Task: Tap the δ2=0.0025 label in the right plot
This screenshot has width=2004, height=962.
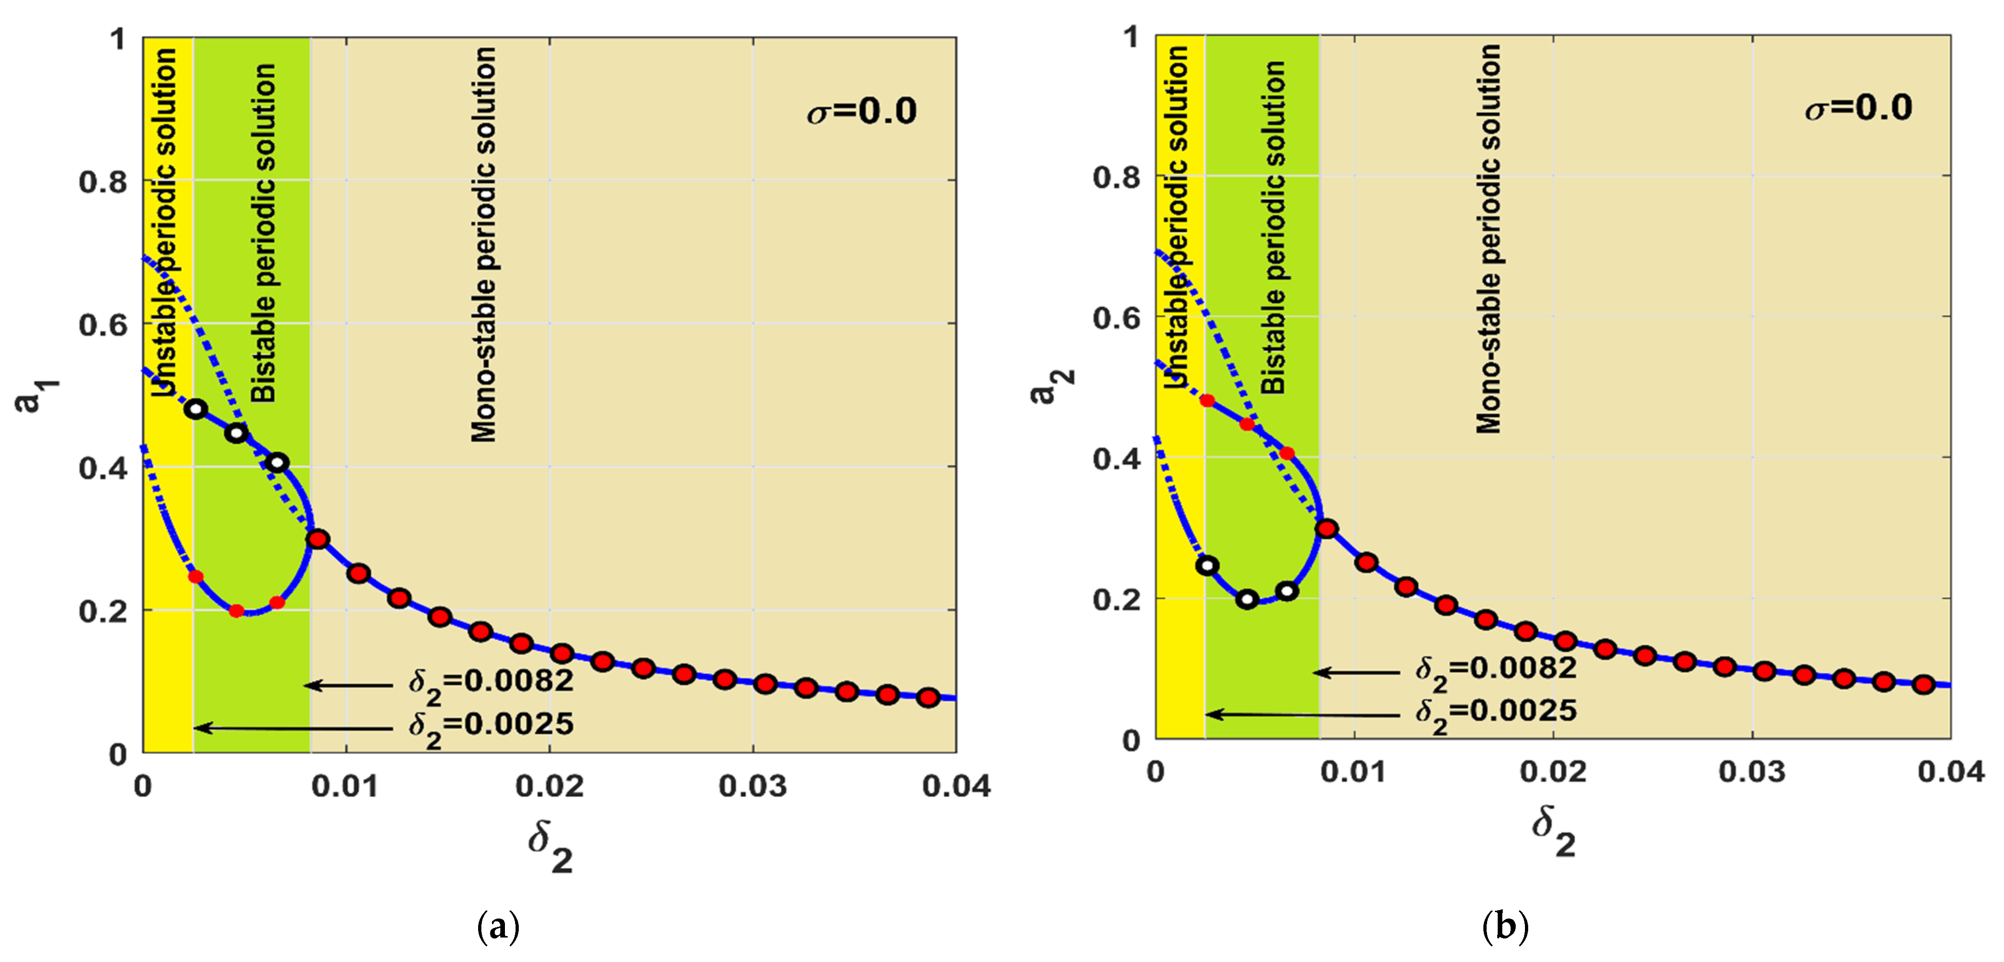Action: click(1495, 712)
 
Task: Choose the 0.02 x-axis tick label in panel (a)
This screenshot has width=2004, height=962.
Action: click(549, 786)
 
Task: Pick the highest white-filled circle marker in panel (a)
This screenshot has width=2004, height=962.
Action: click(195, 408)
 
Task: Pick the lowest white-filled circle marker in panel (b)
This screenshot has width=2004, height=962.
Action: click(1247, 599)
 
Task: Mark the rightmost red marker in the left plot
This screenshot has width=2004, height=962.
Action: click(927, 697)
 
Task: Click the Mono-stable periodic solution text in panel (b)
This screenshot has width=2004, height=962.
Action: click(1488, 238)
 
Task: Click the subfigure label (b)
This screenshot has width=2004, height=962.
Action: click(1506, 926)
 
